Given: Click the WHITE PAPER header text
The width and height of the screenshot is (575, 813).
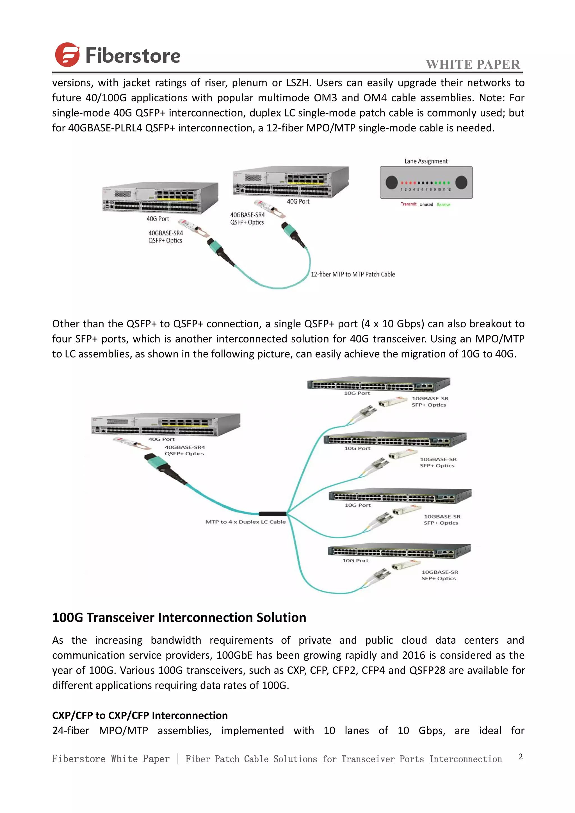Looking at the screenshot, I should (x=473, y=65).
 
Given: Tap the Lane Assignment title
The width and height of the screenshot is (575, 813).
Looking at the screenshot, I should (x=426, y=161).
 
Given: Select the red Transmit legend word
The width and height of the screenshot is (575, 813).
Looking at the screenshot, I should (x=408, y=204).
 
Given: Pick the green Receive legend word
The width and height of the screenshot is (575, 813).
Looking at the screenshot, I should (x=443, y=205).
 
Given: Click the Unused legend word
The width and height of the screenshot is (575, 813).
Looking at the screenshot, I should (x=426, y=204).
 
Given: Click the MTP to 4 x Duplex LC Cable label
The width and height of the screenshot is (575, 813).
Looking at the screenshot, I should (x=245, y=522).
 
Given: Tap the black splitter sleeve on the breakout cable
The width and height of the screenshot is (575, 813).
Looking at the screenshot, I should (x=272, y=513).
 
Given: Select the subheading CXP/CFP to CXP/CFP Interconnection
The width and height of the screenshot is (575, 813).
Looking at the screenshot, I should (x=140, y=715).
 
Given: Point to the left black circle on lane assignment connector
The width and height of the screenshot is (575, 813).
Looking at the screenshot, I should (x=391, y=182).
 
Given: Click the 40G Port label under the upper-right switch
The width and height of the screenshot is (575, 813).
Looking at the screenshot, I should (x=298, y=202).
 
